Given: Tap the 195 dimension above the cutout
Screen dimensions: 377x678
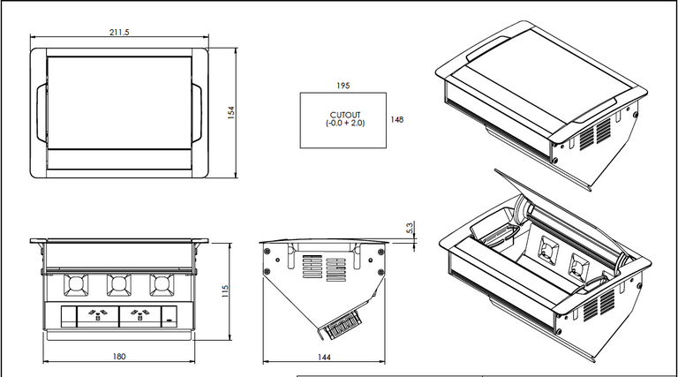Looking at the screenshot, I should pyautogui.click(x=343, y=86).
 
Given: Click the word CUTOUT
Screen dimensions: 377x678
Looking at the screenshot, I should pyautogui.click(x=344, y=116).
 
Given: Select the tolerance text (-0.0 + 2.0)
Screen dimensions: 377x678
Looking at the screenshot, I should pyautogui.click(x=344, y=124).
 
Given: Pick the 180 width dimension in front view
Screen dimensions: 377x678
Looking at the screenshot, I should pyautogui.click(x=119, y=357).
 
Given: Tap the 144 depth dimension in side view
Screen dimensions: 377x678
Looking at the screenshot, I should pyautogui.click(x=324, y=357).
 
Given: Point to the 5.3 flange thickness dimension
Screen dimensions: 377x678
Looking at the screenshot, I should pyautogui.click(x=410, y=228).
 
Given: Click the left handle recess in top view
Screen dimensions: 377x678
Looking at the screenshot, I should pyautogui.click(x=39, y=112).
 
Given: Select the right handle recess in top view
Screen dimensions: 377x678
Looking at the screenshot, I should pyautogui.click(x=200, y=112).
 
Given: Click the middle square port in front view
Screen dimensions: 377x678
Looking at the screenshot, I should pyautogui.click(x=118, y=285).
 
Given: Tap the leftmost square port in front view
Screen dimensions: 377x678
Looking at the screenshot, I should pyautogui.click(x=75, y=285).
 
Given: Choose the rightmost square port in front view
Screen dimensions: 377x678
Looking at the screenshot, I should pyautogui.click(x=161, y=285).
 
